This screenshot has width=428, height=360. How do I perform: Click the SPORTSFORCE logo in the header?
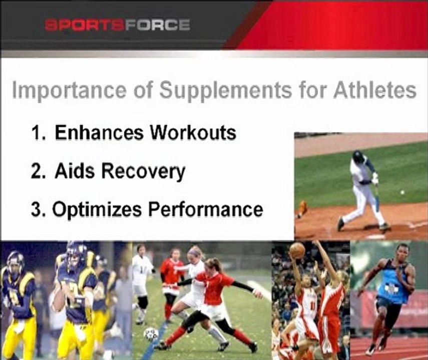[x=117, y=25]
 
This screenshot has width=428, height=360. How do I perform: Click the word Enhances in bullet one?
[x=99, y=132]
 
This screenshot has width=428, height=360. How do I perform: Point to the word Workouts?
[x=193, y=132]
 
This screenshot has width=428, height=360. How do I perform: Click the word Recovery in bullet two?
[x=143, y=172]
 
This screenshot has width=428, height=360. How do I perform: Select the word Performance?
[x=206, y=209]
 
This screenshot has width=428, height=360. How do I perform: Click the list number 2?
[x=37, y=171]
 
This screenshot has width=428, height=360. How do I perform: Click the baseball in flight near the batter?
[x=402, y=192]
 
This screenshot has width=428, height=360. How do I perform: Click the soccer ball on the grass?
[x=151, y=334]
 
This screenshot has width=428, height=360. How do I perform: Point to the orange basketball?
[x=297, y=250]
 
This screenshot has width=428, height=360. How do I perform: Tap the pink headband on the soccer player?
[x=194, y=250]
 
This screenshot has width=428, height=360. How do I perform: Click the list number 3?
[x=37, y=209]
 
